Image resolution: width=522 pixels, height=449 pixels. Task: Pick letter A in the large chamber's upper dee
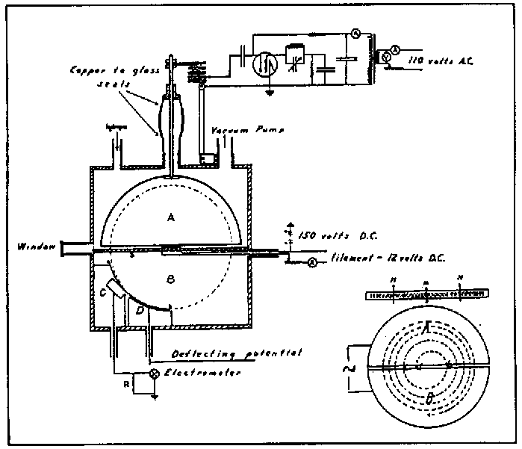[x=171, y=217]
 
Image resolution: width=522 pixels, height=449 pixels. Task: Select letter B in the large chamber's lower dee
[x=171, y=278]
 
